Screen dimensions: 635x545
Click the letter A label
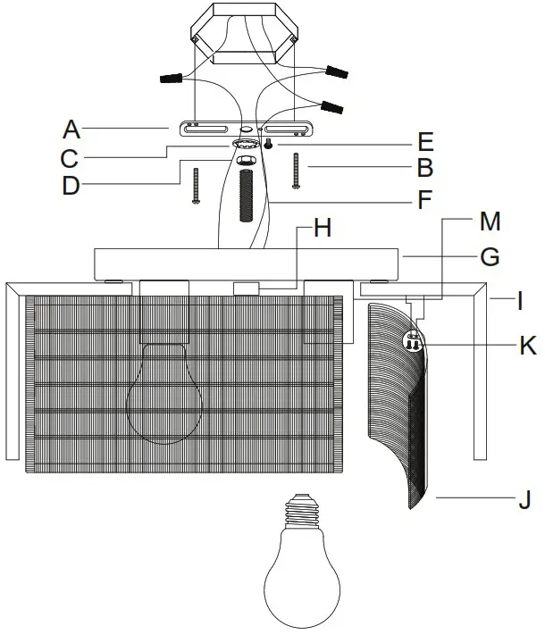(x=71, y=130)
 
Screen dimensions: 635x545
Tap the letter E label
(x=425, y=140)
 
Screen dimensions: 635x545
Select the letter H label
(x=323, y=229)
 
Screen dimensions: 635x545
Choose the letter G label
(x=489, y=257)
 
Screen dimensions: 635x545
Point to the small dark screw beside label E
(x=266, y=145)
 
